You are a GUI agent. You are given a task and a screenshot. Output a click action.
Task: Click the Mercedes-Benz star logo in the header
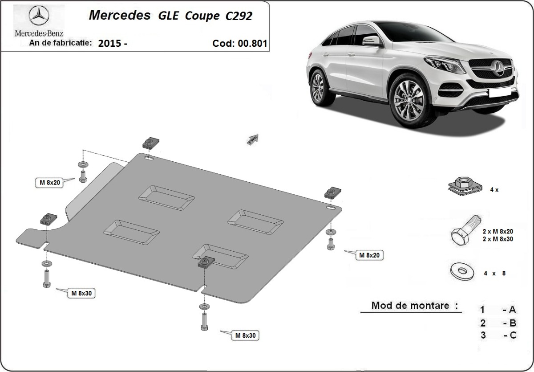(x=39, y=16)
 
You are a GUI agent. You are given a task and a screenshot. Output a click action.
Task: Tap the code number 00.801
(x=252, y=43)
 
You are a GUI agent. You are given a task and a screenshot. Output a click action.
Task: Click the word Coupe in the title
(x=202, y=16)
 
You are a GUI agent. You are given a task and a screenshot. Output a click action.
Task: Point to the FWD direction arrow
(x=253, y=139)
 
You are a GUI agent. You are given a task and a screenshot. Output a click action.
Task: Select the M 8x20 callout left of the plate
(x=49, y=183)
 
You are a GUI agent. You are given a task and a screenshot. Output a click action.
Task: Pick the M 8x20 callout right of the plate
(x=369, y=255)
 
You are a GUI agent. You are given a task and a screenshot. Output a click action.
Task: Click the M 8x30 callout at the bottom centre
(x=245, y=335)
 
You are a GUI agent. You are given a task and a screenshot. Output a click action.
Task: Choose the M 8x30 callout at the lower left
(x=81, y=293)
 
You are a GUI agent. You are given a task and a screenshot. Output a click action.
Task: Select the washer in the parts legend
(x=462, y=272)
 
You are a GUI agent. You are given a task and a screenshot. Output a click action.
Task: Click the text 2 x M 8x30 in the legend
(x=498, y=239)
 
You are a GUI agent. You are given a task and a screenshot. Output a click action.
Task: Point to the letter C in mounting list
(x=513, y=335)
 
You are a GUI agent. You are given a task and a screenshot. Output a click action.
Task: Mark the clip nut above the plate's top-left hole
(x=151, y=143)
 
